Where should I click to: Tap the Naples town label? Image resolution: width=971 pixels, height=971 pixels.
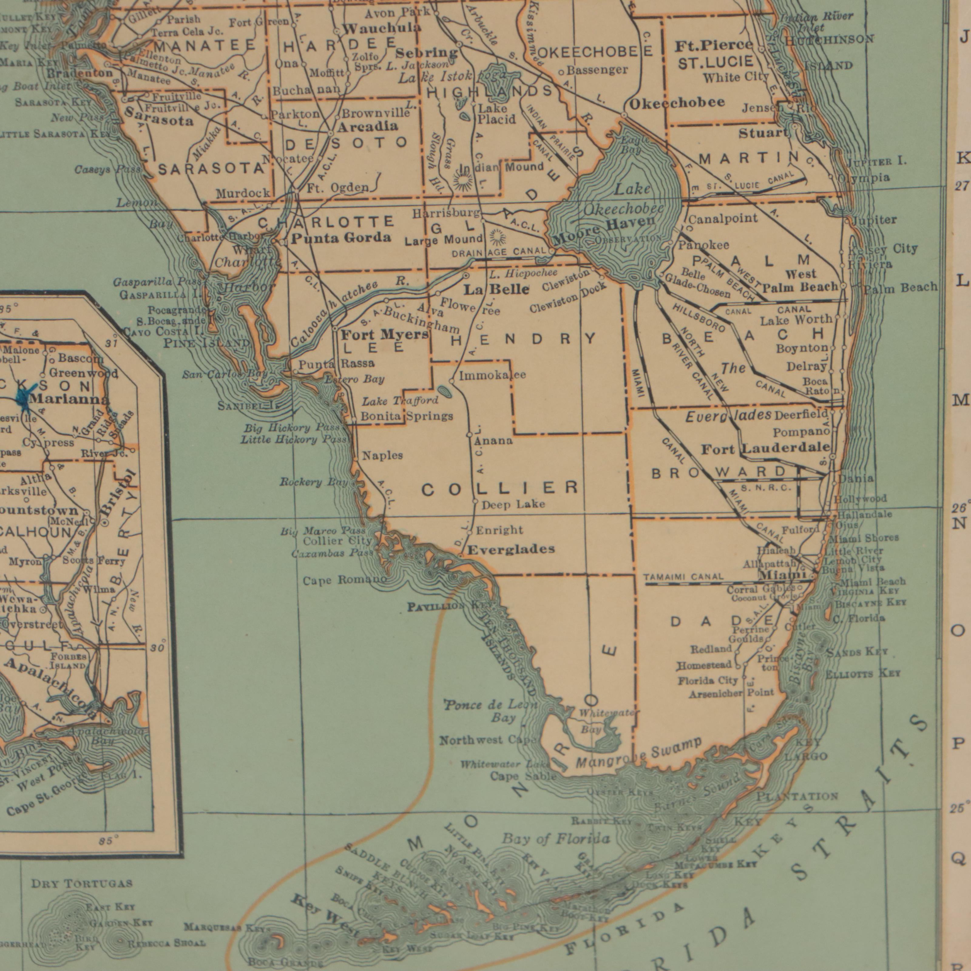382,455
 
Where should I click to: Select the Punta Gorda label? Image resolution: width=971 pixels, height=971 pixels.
341,238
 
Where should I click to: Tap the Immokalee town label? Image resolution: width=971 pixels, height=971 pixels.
492,375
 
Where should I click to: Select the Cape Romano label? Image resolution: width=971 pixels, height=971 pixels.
345,580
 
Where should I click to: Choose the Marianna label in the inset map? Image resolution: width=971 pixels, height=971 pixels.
69,400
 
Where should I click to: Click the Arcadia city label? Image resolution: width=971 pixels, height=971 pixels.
367,126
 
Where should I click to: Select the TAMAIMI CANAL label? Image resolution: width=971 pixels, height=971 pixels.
684,577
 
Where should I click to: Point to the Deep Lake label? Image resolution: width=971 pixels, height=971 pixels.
513,504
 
